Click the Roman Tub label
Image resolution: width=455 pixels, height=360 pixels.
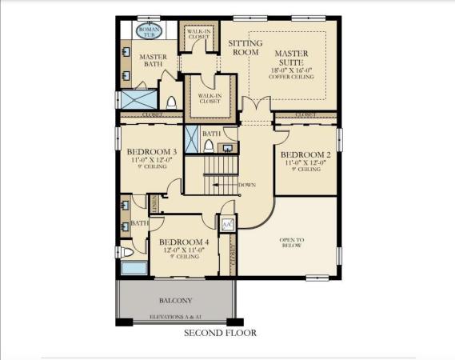point(149,31)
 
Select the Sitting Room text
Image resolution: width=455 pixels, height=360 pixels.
point(245,47)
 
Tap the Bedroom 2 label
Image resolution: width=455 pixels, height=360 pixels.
point(305,154)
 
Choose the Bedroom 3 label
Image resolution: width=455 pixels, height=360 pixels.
point(151,151)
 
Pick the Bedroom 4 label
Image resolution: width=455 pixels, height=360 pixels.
point(184,242)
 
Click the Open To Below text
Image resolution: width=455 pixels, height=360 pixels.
point(291,242)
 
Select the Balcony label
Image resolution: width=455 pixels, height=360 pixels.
point(176,300)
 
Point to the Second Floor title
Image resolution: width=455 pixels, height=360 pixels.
point(220,333)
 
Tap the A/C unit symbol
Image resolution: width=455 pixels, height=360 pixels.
point(227,224)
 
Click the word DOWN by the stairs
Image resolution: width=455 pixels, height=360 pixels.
point(247,186)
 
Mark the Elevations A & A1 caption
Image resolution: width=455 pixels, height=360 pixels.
point(176,318)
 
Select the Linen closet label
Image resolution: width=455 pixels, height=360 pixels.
point(154,203)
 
